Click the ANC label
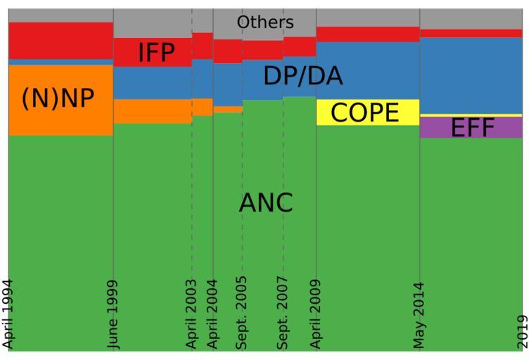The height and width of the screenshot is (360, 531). click(265, 202)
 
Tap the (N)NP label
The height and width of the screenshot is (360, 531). click(58, 98)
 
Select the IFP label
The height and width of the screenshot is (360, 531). click(155, 53)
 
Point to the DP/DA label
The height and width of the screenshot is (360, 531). click(302, 76)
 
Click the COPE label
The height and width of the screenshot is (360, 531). click(364, 112)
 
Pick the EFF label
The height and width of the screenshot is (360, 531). click(473, 128)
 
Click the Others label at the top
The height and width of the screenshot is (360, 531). click(265, 22)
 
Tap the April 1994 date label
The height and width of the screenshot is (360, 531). click(8, 314)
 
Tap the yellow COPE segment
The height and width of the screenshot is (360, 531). click(408, 112)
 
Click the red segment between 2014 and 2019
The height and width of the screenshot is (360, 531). click(471, 33)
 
